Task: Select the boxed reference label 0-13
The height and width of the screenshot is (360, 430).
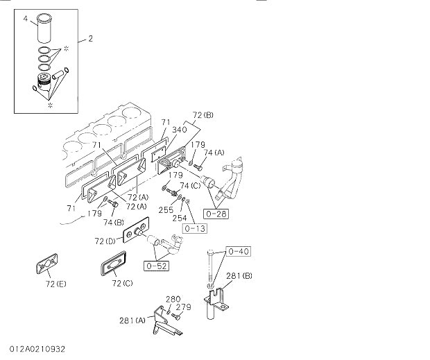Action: point(194,227)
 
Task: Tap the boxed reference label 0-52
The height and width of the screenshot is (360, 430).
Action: point(157,264)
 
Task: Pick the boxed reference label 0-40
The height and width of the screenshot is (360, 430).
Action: point(238,250)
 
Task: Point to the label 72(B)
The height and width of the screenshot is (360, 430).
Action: point(203,114)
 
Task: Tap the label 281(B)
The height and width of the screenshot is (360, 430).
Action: point(239,275)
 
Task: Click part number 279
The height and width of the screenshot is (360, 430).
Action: point(183,307)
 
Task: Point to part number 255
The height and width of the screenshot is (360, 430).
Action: point(165,209)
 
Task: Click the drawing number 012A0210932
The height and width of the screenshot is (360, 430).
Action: point(38,348)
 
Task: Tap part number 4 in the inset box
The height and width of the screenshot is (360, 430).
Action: point(25,19)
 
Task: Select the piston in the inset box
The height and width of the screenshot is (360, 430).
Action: point(46,84)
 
